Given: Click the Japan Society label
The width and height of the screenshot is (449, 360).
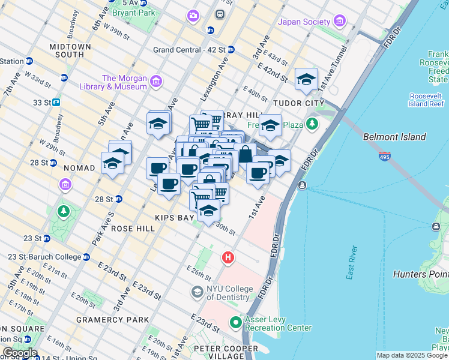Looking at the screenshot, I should point(304,22).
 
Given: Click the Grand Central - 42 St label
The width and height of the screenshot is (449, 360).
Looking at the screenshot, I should point(189,50).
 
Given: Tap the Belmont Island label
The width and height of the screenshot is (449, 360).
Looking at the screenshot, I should point(394,137).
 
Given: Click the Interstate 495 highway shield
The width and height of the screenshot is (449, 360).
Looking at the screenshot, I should point(385,157).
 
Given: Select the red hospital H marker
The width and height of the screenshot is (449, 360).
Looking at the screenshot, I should point(228,258).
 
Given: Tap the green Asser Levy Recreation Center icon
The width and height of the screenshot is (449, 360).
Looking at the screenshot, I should point(235,323).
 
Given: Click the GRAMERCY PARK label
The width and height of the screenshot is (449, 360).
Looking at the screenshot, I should point(112,320).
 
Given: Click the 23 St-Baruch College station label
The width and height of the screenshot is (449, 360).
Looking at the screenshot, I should point(44,257).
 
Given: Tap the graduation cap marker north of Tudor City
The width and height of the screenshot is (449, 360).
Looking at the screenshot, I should point(306,79).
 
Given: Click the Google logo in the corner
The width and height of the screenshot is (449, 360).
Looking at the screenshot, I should point(19,353).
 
